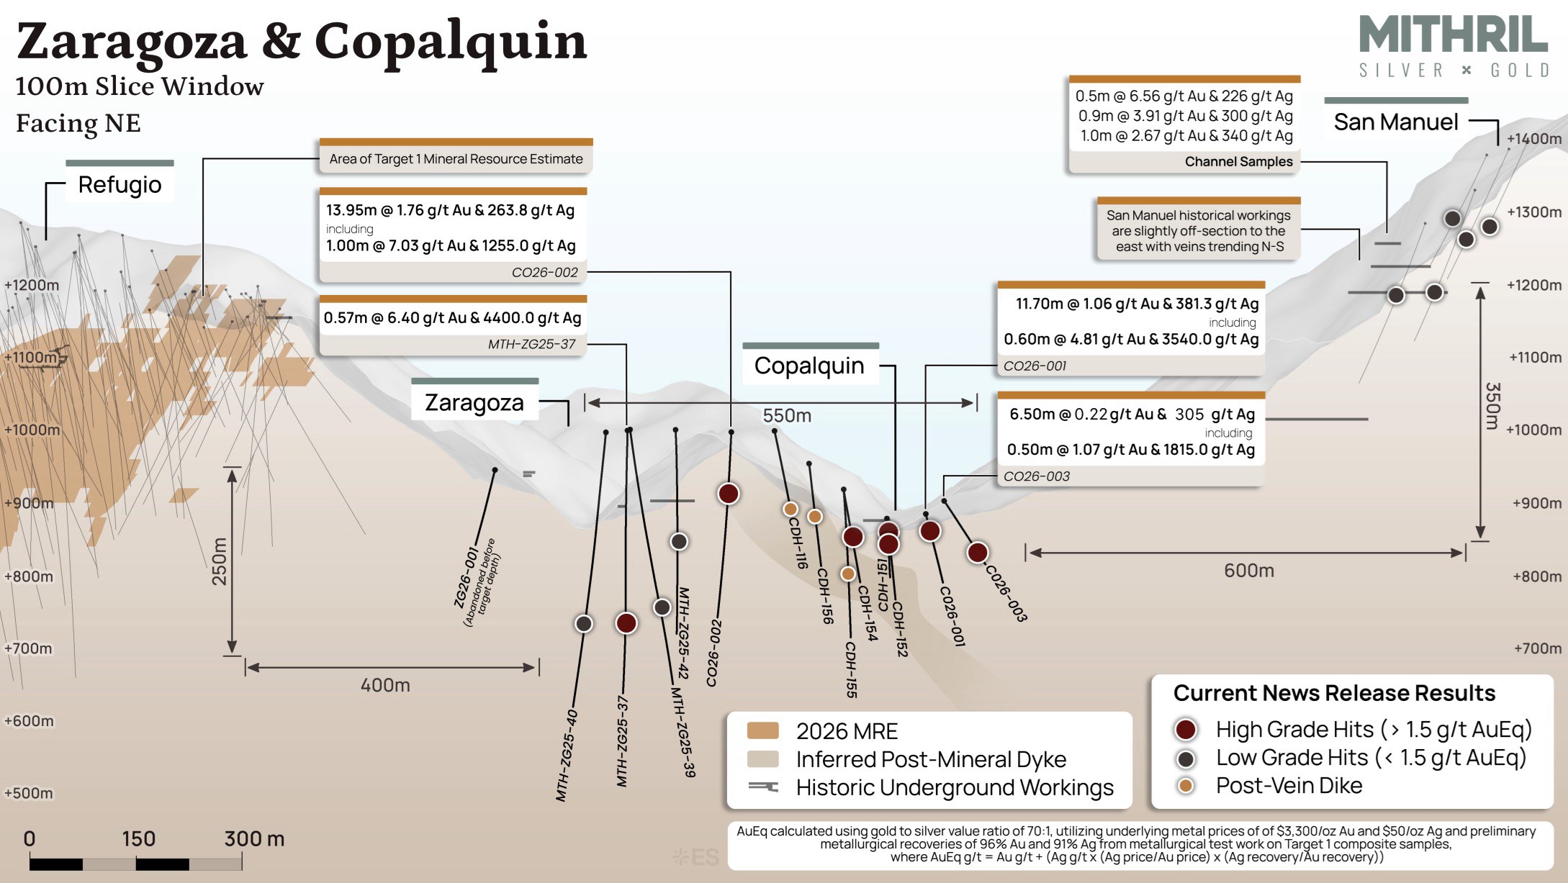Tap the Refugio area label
click(120, 184)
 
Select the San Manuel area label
click(1396, 122)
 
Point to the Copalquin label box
click(809, 366)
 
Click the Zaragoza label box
click(474, 402)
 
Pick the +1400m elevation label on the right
click(1534, 138)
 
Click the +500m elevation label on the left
click(29, 793)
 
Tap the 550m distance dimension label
click(787, 415)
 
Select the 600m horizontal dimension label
click(1249, 571)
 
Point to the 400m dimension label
click(385, 685)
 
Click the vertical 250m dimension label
click(219, 561)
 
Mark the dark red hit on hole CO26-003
click(977, 552)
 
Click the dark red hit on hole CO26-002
click(729, 494)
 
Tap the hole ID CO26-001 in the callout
click(1035, 366)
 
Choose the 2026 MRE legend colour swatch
click(763, 730)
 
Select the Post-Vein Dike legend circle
click(1185, 785)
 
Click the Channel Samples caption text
click(1238, 161)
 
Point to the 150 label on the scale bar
click(138, 838)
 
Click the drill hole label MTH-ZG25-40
click(567, 756)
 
